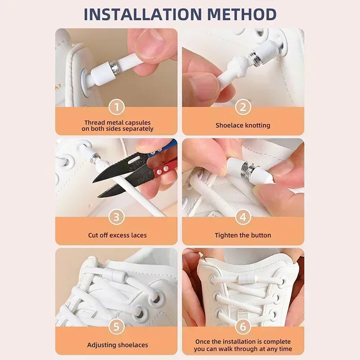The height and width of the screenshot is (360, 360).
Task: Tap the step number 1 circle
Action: pyautogui.click(x=117, y=107)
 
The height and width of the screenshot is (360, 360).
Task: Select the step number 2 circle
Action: pyautogui.click(x=243, y=107)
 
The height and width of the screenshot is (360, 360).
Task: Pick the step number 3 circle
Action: pyautogui.click(x=117, y=217)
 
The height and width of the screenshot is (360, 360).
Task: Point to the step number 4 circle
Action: pyautogui.click(x=243, y=217)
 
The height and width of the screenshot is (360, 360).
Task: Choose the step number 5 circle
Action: pyautogui.click(x=117, y=327)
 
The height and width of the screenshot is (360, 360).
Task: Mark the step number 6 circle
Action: pyautogui.click(x=243, y=327)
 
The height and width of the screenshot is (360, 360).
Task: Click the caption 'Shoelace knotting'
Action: pyautogui.click(x=243, y=126)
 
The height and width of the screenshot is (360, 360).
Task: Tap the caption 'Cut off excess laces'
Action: pyautogui.click(x=117, y=235)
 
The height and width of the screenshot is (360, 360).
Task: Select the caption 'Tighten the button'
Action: pyautogui.click(x=243, y=235)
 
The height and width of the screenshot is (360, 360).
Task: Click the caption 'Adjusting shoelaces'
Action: pyautogui.click(x=117, y=345)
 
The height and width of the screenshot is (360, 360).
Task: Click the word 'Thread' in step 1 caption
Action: pyautogui.click(x=94, y=122)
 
